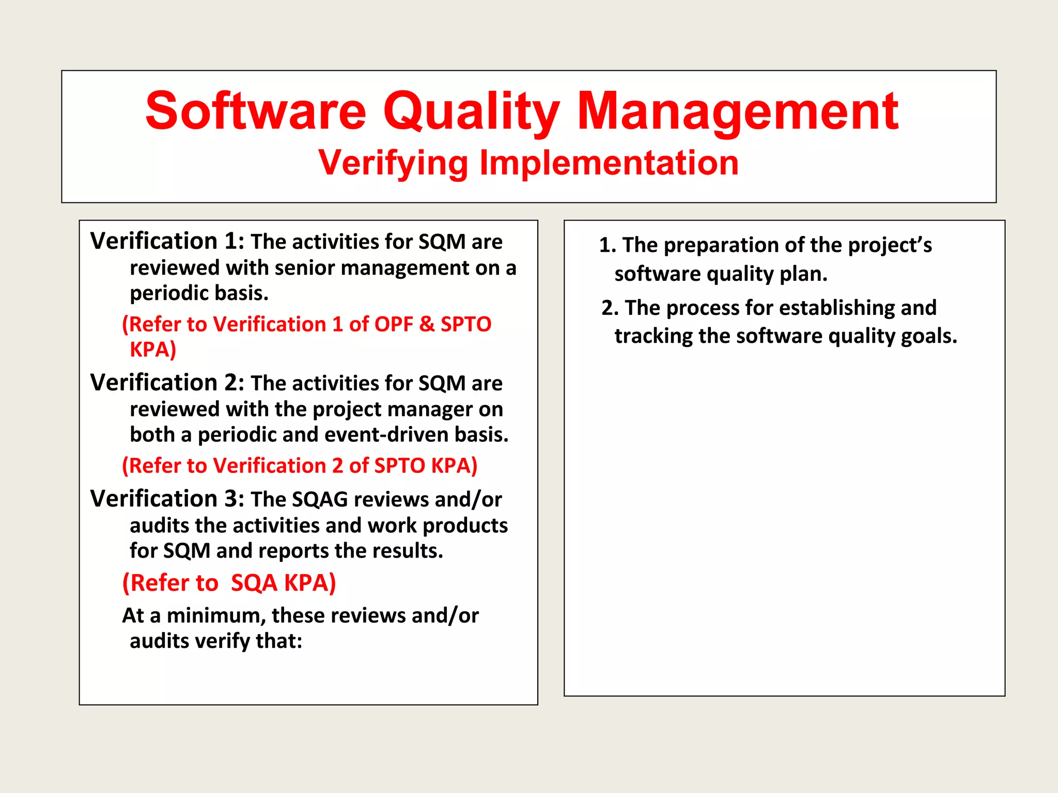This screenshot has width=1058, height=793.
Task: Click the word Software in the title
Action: point(256,111)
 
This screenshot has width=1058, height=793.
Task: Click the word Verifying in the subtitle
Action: point(393,163)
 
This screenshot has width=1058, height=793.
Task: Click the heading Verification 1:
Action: point(167,241)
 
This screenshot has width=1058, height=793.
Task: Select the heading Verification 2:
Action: point(167,383)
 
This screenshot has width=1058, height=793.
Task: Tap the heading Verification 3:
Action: point(167,499)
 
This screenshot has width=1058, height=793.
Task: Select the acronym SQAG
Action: point(320,500)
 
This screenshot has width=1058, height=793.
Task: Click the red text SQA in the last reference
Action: point(254,583)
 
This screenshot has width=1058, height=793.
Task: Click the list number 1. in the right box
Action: point(608,245)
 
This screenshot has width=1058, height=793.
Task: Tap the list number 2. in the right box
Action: point(610,308)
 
